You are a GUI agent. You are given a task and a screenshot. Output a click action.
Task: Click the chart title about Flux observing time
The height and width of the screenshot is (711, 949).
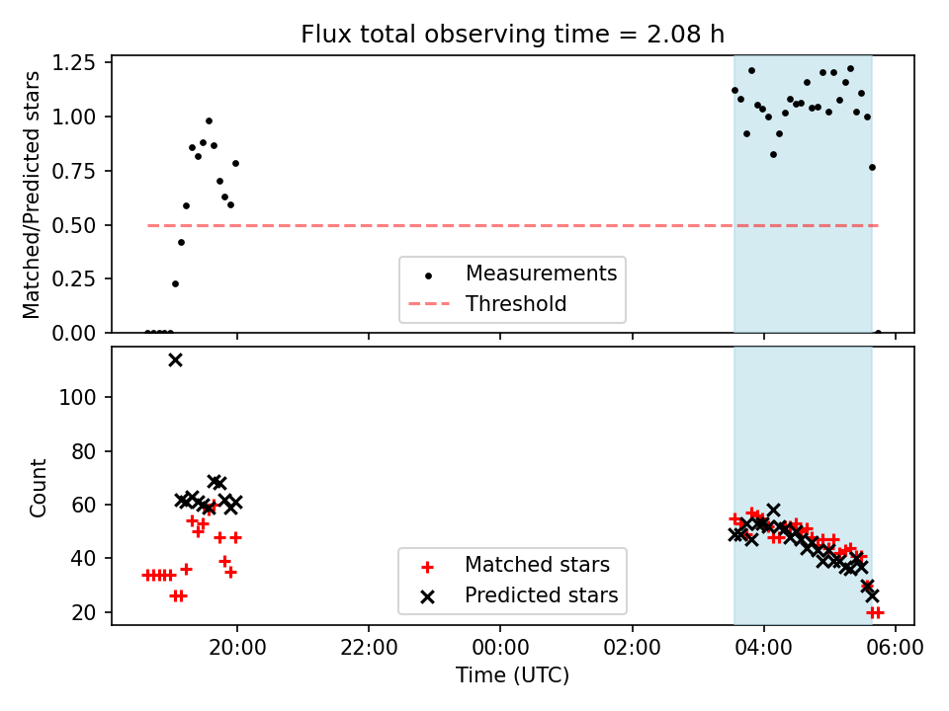click(x=513, y=35)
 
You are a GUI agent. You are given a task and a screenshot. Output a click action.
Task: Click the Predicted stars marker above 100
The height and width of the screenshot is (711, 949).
click(x=175, y=359)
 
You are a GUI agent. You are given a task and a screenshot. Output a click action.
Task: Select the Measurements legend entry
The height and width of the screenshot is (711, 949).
click(x=541, y=274)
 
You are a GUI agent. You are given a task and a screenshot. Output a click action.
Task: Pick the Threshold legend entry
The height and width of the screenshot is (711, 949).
click(x=516, y=304)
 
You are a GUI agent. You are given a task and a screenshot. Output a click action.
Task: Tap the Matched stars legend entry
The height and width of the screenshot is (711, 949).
click(x=537, y=566)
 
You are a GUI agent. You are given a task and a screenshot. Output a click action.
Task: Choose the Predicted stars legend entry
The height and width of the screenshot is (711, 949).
click(x=541, y=595)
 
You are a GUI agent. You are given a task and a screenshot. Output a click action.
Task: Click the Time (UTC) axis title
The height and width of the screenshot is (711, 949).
click(x=512, y=675)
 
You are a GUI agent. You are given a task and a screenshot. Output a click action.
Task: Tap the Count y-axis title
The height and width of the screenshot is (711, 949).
click(x=39, y=487)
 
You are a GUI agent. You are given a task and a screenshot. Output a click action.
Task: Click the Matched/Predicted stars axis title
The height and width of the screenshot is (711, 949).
click(x=33, y=195)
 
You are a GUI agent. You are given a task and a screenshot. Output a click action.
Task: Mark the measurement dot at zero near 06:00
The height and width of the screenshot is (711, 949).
click(x=878, y=333)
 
